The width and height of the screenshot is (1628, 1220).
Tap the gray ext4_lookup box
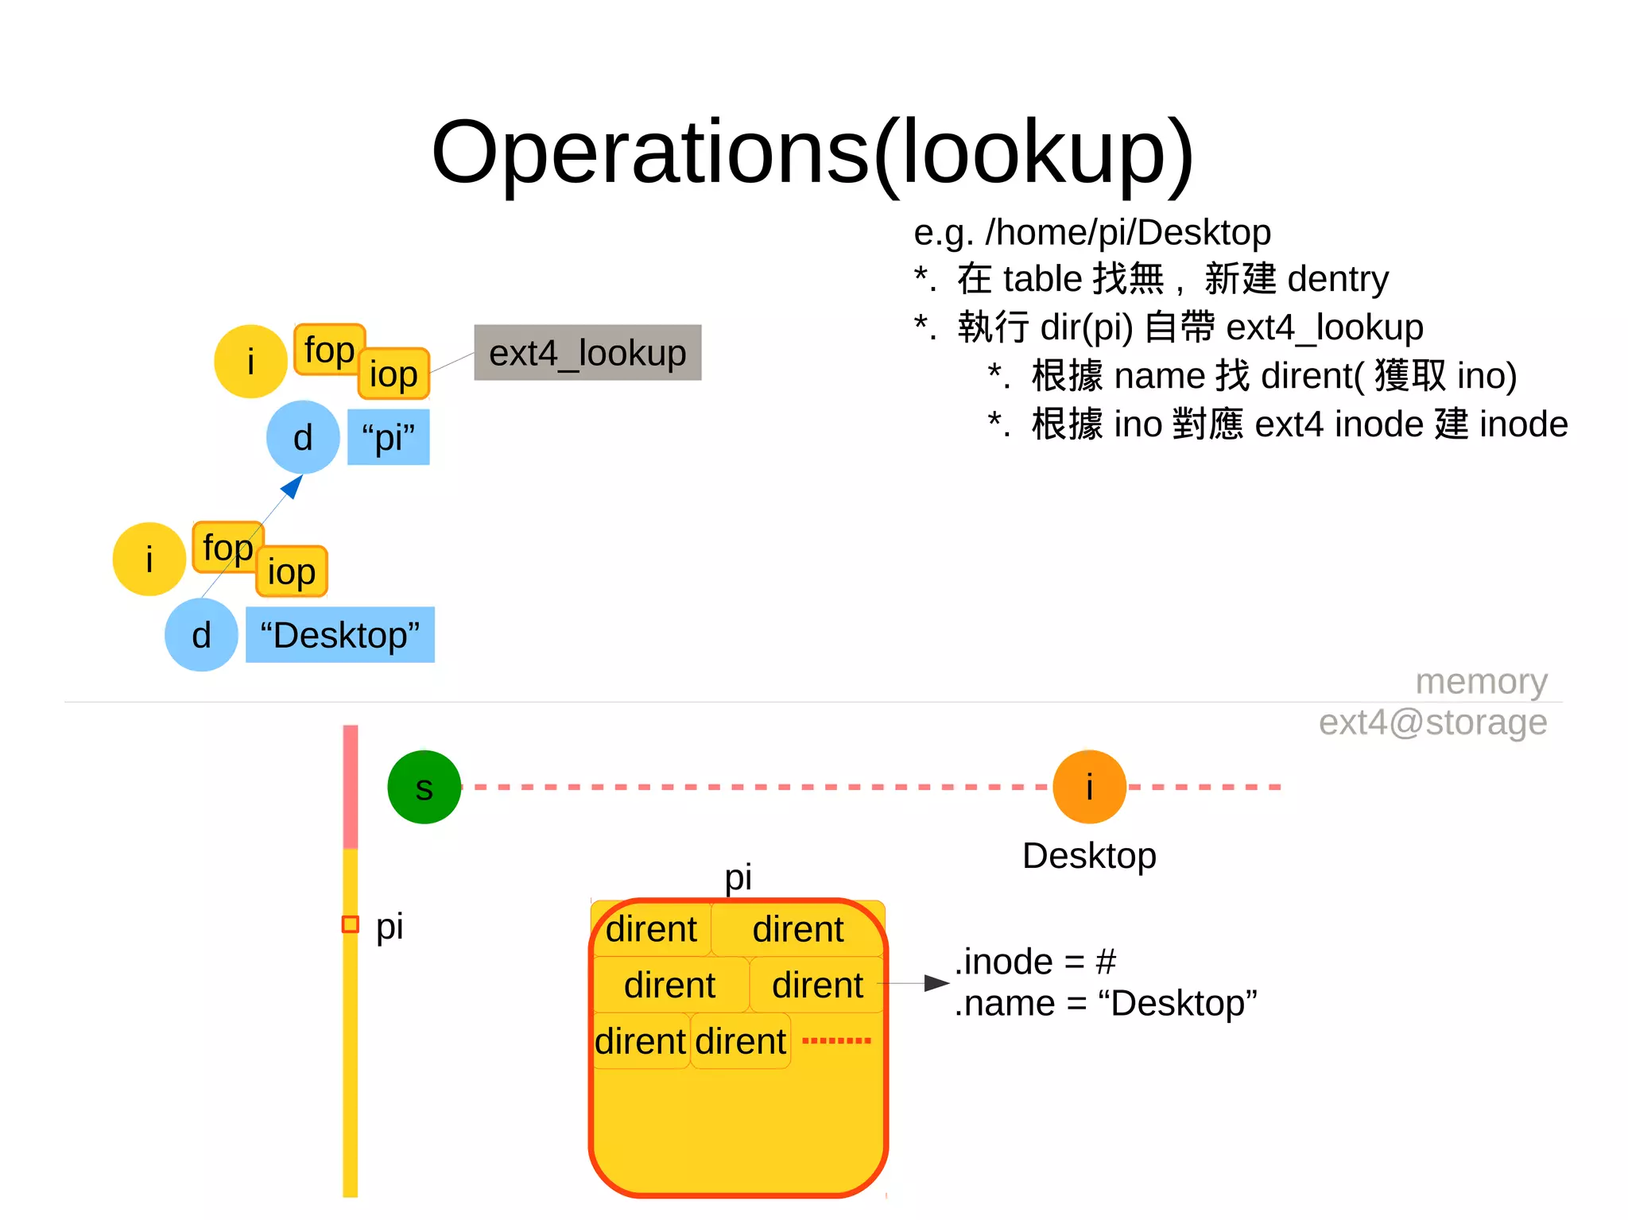point(587,352)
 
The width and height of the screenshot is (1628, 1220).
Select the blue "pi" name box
point(388,437)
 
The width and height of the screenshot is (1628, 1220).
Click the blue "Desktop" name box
point(340,635)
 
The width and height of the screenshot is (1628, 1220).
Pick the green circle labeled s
point(424,787)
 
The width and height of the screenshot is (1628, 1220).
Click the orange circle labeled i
point(1089,787)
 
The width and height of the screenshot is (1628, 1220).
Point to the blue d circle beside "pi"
point(303,437)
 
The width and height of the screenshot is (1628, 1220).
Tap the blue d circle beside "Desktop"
point(201,635)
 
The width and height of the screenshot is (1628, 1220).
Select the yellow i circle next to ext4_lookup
point(250,362)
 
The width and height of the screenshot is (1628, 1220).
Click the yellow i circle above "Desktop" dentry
point(149,559)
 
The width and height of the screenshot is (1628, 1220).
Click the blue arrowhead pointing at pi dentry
point(293,486)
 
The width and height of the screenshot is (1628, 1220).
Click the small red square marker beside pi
point(350,924)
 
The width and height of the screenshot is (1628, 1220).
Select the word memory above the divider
point(1481,681)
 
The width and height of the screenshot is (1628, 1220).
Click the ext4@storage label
point(1432,722)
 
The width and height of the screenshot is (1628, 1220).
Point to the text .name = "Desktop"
point(1105,1004)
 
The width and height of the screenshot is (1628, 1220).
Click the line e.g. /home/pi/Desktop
point(1091,232)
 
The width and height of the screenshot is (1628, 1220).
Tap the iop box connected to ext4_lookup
point(393,374)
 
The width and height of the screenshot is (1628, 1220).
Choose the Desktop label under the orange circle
point(1089,856)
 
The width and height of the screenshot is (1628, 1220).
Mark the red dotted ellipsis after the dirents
point(836,1040)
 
